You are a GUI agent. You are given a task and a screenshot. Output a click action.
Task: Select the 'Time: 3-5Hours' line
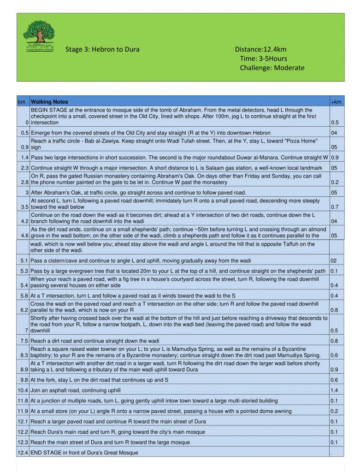point(263,59)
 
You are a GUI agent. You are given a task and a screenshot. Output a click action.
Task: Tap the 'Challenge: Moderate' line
point(272,68)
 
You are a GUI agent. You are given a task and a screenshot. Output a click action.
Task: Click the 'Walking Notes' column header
point(49,102)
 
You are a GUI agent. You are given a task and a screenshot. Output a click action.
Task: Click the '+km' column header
point(336,102)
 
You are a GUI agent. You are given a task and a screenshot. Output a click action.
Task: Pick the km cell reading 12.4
point(23,453)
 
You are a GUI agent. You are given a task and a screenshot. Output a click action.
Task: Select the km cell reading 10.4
point(23,390)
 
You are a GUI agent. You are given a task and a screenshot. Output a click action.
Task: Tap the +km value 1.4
point(335,390)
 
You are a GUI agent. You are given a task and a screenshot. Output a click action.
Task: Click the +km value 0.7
point(335,207)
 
